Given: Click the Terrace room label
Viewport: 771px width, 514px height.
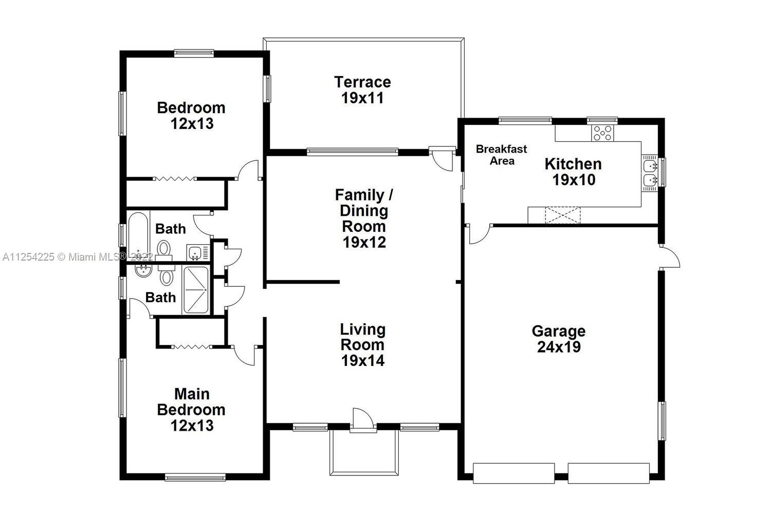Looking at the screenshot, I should (x=362, y=82).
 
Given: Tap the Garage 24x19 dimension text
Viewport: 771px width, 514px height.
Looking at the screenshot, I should (x=559, y=347).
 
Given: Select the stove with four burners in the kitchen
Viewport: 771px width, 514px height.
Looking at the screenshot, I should (x=602, y=133).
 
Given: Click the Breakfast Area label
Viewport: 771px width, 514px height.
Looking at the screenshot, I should (x=501, y=155).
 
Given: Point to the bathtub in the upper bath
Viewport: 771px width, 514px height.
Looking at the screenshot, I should (x=138, y=236).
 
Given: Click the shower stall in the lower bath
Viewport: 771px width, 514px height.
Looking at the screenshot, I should (x=196, y=290).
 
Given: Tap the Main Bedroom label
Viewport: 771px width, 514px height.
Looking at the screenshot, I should (x=191, y=402).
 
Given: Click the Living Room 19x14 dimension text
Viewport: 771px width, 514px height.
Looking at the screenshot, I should (x=362, y=361).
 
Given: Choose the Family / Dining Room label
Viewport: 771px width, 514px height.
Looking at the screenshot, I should (x=364, y=211).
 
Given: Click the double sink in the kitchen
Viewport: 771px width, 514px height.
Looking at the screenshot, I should (x=650, y=173).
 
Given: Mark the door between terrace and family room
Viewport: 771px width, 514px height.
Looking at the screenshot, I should (x=441, y=159).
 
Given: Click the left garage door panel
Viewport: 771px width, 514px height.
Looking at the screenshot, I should (x=513, y=472).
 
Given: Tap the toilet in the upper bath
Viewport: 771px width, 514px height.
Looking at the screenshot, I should (x=164, y=249).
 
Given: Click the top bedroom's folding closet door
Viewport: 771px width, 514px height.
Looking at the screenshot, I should (x=175, y=179).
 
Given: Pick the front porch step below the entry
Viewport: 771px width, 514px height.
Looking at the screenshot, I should (x=363, y=452).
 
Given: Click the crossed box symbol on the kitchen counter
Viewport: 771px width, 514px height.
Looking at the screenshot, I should (x=562, y=215).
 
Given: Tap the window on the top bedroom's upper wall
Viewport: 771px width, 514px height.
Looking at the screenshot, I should (x=194, y=52).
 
